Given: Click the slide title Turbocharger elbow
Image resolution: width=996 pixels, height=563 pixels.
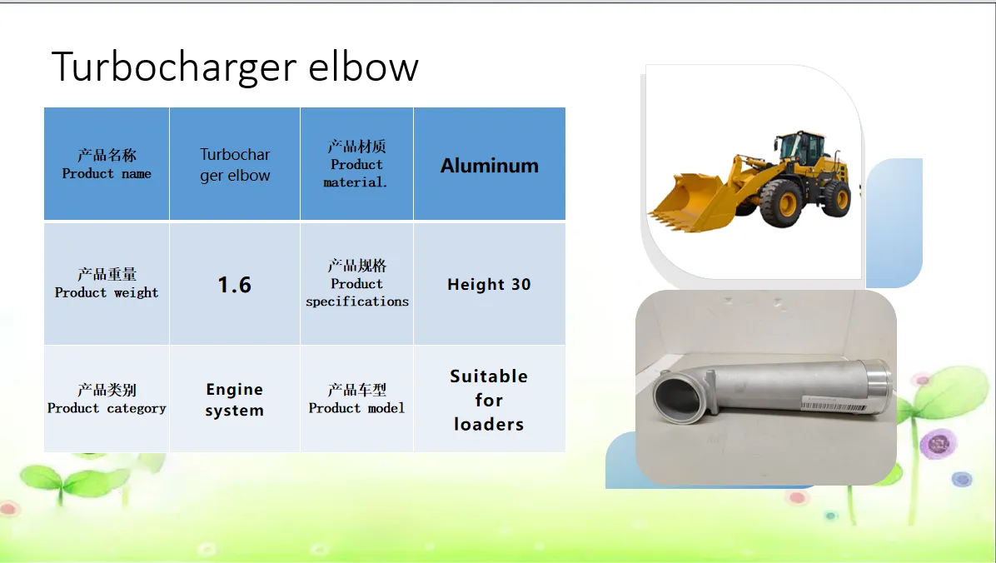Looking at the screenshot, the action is (235, 67).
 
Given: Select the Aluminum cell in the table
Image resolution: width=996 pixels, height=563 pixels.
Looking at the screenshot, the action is (489, 164).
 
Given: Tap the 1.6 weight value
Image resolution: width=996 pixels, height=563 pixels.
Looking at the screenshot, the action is (234, 284).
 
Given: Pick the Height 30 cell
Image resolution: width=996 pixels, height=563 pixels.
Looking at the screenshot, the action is (489, 284).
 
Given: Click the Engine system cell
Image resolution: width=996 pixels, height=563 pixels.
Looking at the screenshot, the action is (234, 399).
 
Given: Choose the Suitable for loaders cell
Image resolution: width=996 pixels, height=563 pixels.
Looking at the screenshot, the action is (489, 399).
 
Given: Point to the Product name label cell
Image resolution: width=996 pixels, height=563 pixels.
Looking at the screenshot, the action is (107, 164).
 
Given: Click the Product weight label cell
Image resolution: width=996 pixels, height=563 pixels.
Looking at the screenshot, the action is (107, 284).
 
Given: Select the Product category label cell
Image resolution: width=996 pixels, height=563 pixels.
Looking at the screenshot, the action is (107, 399).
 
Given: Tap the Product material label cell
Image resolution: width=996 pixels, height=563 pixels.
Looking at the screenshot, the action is (356, 164).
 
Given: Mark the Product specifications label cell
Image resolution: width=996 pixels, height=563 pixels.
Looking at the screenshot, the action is (356, 284).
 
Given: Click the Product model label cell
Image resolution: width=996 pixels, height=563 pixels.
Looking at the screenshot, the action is (356, 399).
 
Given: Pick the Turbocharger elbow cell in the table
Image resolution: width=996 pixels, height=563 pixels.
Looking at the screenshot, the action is (234, 164).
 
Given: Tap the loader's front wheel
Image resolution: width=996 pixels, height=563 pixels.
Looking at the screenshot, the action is (781, 202).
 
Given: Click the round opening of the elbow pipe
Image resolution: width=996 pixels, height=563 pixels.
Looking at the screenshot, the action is (677, 398).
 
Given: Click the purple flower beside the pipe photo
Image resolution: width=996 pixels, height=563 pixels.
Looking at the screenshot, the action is (939, 444).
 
